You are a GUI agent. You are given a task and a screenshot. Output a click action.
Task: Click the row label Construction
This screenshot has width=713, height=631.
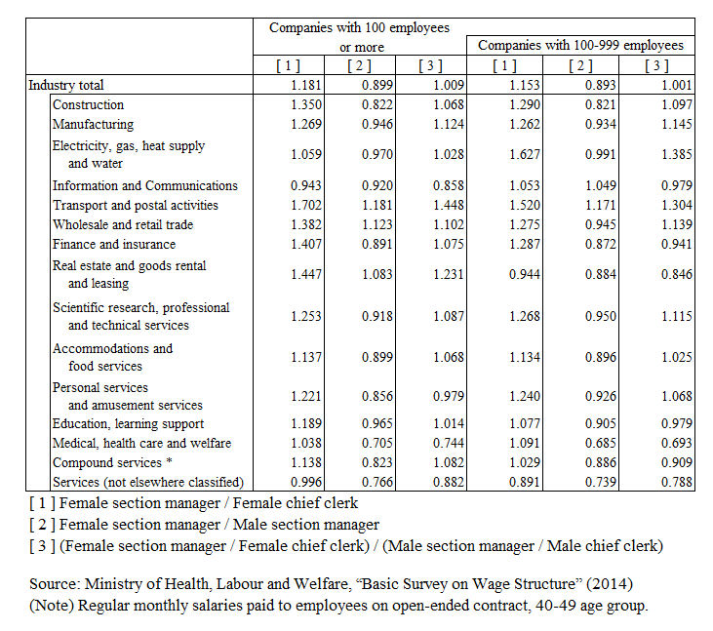88,104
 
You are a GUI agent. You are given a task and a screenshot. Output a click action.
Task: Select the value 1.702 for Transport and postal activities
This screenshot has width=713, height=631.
306,205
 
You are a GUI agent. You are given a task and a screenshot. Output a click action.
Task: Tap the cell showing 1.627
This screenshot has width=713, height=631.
525,154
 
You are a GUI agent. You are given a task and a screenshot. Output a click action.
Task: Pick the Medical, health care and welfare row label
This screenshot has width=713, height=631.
141,443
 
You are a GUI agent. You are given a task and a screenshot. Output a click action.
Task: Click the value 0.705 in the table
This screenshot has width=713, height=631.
376,443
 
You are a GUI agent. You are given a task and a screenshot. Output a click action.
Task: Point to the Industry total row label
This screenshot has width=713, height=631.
66,85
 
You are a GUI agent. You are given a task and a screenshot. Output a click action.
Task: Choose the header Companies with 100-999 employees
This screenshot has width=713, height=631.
580,45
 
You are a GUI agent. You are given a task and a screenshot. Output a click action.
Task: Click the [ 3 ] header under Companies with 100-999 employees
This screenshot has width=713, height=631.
656,65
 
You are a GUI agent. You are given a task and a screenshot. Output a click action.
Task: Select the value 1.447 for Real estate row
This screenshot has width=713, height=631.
306,274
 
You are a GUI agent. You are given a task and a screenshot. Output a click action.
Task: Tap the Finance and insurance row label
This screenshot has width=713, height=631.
114,244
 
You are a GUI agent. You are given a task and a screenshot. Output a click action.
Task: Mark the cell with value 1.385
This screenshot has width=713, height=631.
677,154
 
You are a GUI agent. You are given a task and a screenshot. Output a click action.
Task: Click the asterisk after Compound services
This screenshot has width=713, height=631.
169,461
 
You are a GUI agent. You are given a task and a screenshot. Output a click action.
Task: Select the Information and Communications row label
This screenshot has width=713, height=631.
145,185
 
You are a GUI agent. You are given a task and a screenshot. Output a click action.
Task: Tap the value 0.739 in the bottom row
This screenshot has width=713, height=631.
600,482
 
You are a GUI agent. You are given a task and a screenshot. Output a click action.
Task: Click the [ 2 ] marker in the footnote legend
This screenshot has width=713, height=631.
43,524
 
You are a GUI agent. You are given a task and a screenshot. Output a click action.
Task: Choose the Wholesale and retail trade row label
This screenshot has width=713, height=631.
123,224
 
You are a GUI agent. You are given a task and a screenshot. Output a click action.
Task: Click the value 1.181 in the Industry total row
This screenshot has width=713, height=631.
306,85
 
